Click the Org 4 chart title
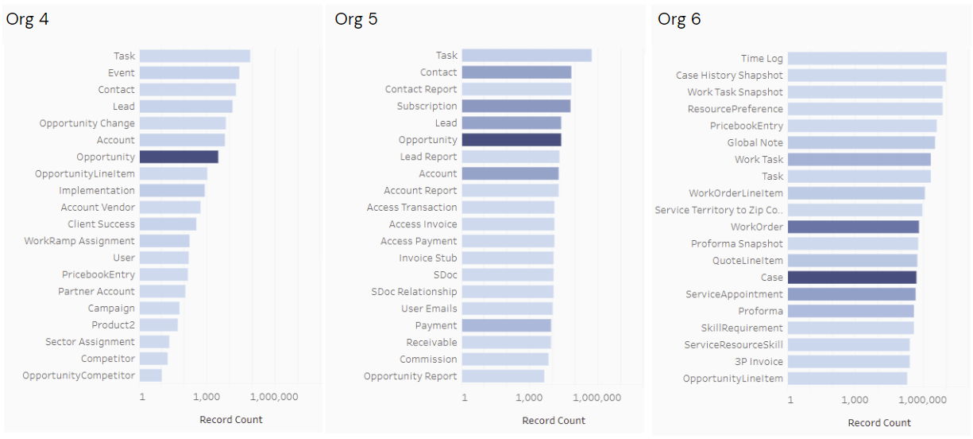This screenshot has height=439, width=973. coord(28,20)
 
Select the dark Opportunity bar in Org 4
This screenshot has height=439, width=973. coord(179,157)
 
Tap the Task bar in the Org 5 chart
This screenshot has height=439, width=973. coord(526,56)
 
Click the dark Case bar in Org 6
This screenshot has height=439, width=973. coord(851,278)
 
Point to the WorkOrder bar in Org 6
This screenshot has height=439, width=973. coord(853,227)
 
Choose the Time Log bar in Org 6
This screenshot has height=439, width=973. coord(867,58)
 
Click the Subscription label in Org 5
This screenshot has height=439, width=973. coord(427,107)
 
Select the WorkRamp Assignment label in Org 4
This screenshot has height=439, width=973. coord(79,241)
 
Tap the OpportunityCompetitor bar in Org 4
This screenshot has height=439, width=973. coord(151,375)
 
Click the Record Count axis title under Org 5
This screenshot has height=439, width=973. coord(554,421)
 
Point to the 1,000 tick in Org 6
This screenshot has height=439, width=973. coord(855,400)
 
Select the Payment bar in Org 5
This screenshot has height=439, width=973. coord(506,325)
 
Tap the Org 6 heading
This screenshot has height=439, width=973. coord(679,20)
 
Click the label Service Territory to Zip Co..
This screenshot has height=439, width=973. coord(719,210)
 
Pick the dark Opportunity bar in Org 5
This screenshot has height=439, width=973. coord(511,140)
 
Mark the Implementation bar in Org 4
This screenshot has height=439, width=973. coord(172,191)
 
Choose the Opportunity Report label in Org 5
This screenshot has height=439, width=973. coord(411,376)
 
